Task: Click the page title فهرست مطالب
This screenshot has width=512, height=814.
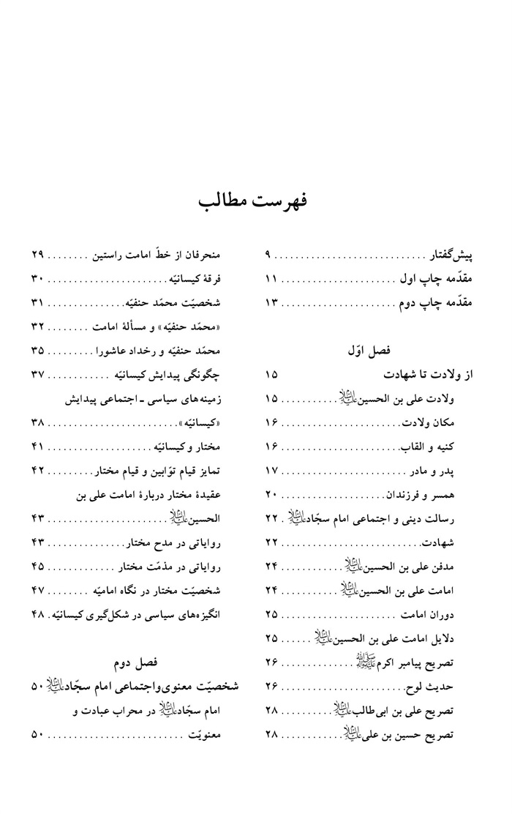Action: click(x=255, y=200)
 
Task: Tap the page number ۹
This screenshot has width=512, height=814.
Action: click(x=268, y=256)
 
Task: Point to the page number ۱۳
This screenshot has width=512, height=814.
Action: click(x=272, y=302)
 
